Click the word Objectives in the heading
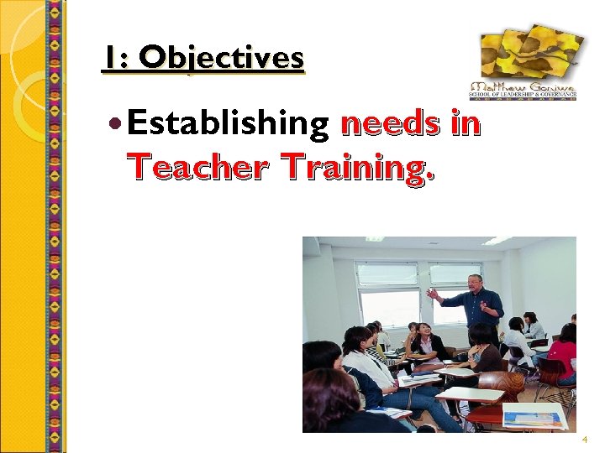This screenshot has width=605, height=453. tap(222, 58)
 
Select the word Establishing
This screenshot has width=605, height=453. tap(228, 125)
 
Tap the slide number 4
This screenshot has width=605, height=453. tap(585, 440)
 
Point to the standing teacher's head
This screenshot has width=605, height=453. tap(476, 283)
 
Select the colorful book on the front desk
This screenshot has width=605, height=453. tap(534, 416)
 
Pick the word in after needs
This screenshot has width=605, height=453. tap(465, 124)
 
